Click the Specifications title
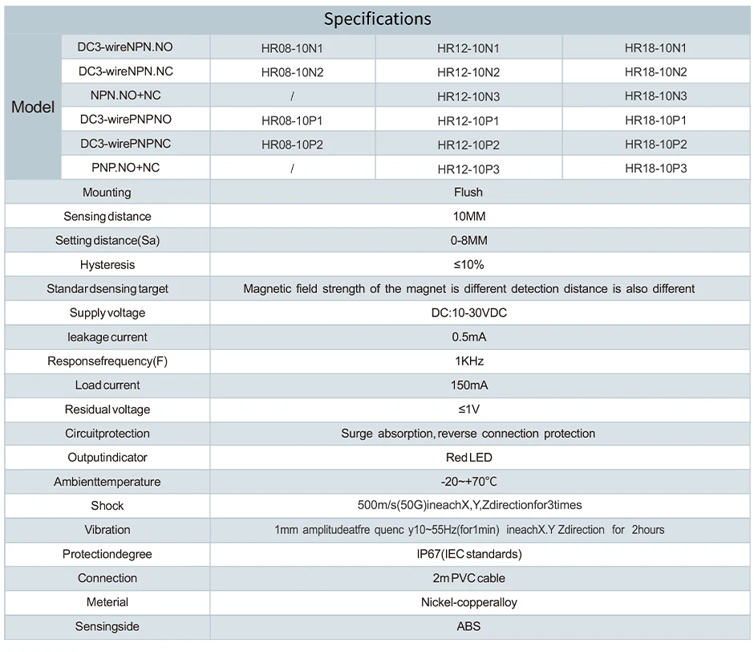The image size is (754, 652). click(377, 19)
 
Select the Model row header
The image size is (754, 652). click(33, 108)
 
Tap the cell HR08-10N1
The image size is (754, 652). click(292, 48)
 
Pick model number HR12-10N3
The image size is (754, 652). click(468, 96)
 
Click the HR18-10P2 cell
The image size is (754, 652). click(655, 145)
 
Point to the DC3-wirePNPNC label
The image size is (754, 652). click(125, 144)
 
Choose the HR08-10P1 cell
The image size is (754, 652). click(292, 120)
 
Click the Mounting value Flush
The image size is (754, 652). click(468, 193)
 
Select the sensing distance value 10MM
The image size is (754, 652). click(468, 217)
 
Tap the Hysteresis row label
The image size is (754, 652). click(107, 265)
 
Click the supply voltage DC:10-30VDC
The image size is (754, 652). click(468, 313)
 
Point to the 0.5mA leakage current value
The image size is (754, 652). click(468, 337)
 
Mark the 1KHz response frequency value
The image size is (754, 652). click(468, 361)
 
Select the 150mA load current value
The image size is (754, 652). click(468, 385)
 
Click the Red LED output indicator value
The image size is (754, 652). click(468, 458)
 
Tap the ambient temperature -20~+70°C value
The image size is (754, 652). click(468, 482)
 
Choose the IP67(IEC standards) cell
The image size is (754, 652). click(468, 554)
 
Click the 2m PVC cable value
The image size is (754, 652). click(468, 578)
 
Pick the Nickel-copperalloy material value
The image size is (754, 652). click(468, 602)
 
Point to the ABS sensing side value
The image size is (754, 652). click(468, 626)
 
